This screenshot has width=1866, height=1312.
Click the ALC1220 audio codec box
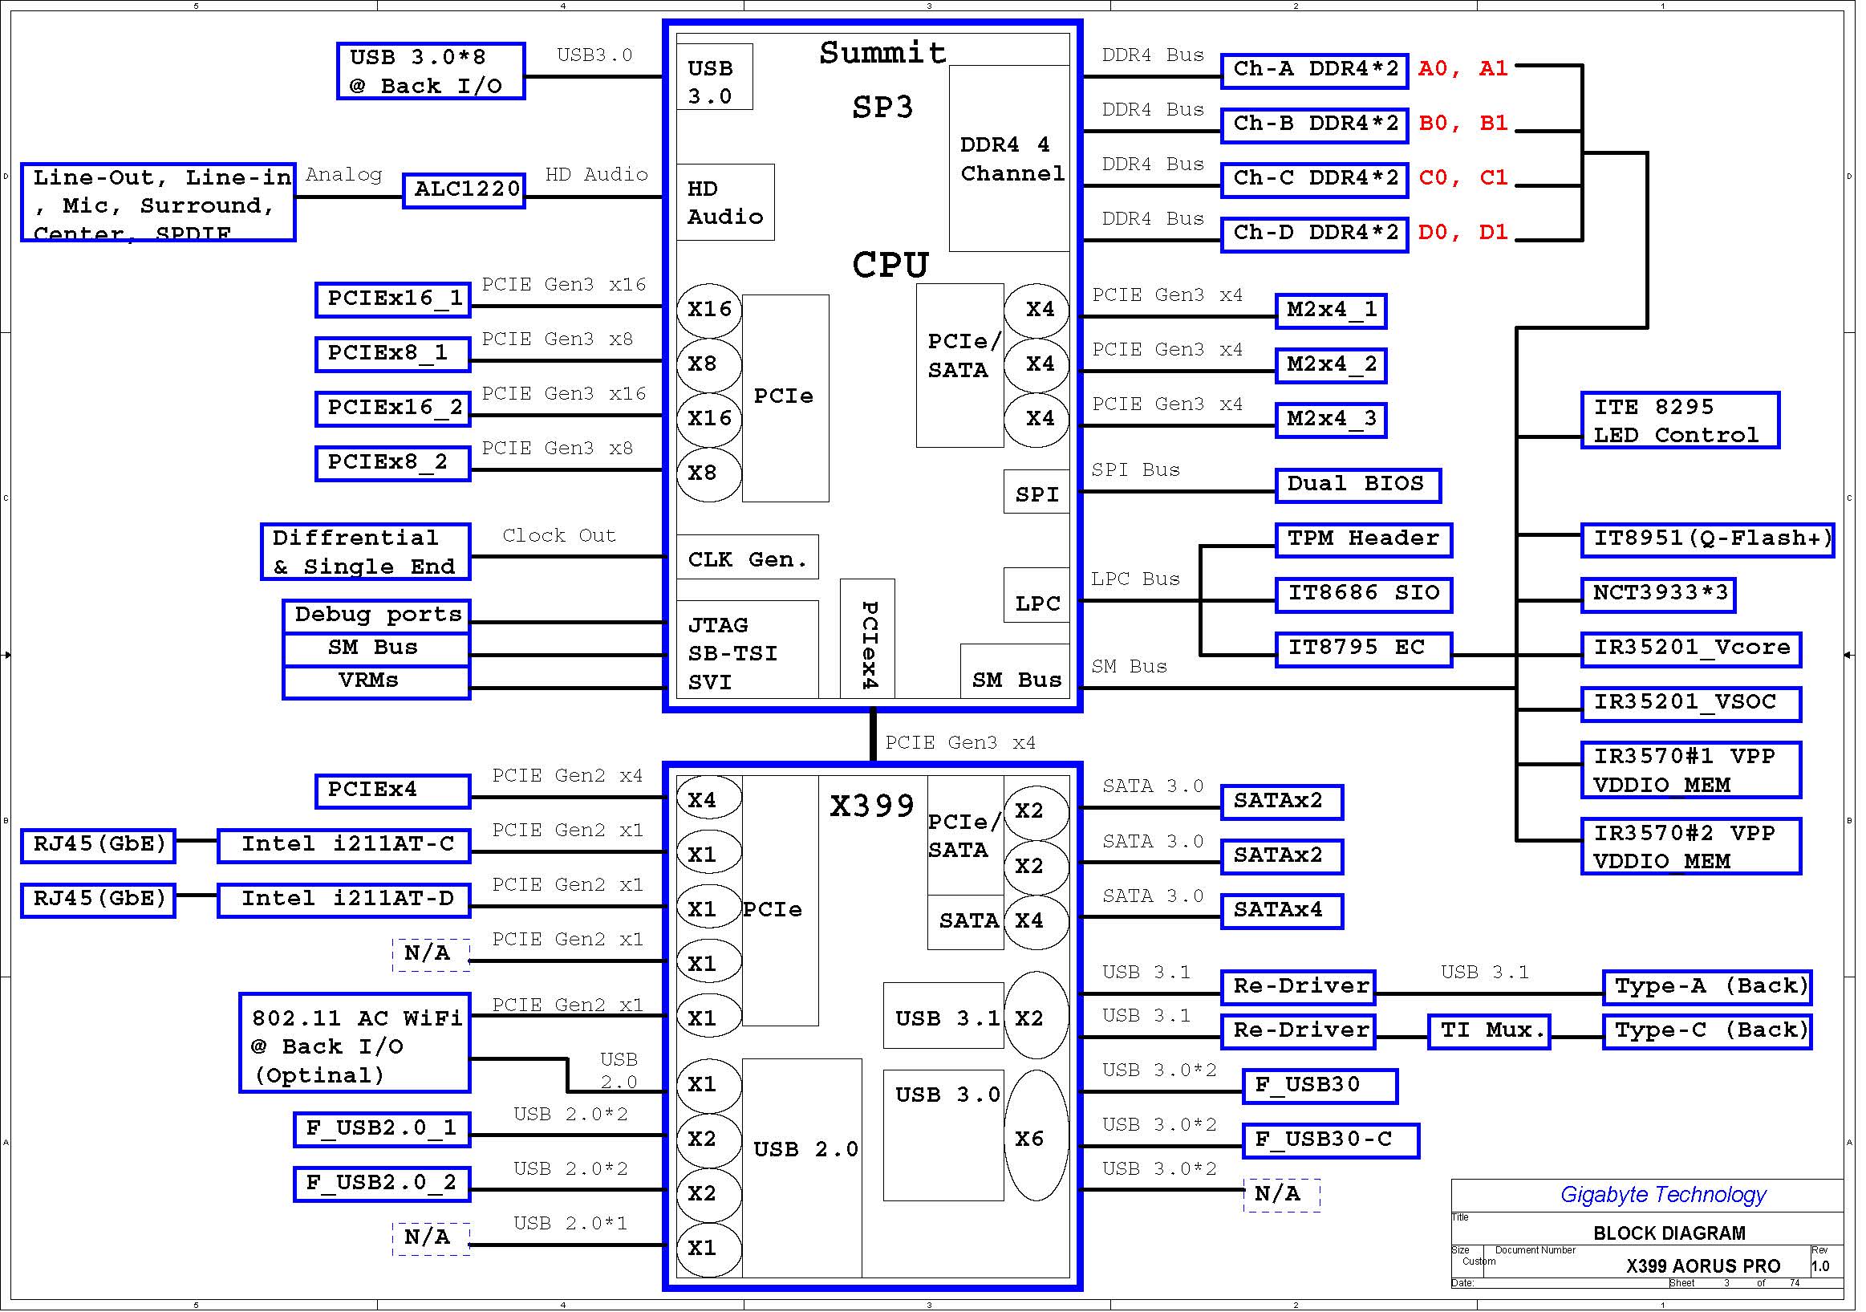click(464, 190)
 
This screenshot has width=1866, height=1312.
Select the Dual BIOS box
click(1357, 485)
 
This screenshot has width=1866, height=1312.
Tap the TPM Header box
click(1363, 540)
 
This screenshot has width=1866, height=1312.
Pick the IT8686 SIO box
click(1363, 595)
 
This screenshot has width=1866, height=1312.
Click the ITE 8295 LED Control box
click(1679, 420)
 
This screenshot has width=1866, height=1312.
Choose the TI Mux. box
click(1488, 1032)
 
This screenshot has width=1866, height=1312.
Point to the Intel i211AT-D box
click(345, 900)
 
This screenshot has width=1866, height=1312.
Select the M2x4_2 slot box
click(1330, 365)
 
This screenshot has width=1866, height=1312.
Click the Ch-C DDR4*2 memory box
click(1314, 180)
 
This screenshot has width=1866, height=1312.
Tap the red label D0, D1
click(1463, 233)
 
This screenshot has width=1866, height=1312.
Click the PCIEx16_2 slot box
click(392, 409)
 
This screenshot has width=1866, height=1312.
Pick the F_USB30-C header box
click(1330, 1140)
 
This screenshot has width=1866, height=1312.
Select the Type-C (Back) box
click(1706, 1032)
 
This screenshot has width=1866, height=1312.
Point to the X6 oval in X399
click(1036, 1135)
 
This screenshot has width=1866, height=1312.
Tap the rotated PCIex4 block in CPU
click(867, 638)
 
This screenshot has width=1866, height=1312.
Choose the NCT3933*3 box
click(1657, 595)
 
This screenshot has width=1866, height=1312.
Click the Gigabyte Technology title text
click(1663, 1195)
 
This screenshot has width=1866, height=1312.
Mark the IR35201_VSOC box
click(1690, 704)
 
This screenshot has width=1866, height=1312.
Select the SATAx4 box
click(1282, 912)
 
